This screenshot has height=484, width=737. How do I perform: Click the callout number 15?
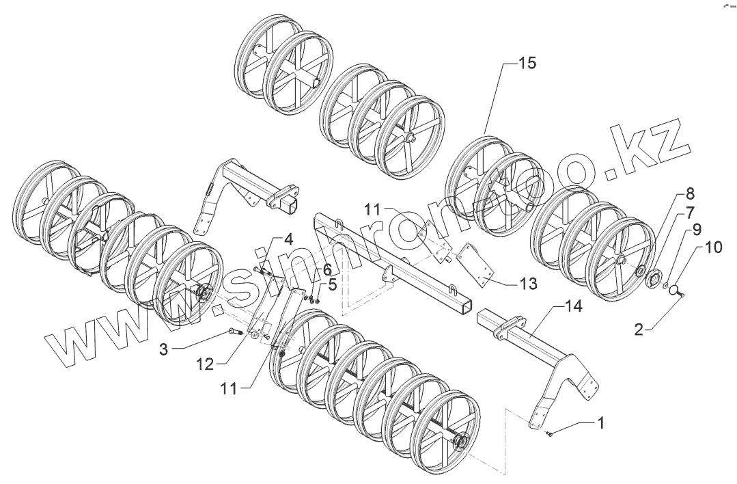(527, 64)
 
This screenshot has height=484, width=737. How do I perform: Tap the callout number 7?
(691, 211)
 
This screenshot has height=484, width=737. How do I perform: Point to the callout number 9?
(696, 228)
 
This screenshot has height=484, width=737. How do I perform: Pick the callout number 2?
(638, 330)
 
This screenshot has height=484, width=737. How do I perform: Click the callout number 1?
(601, 423)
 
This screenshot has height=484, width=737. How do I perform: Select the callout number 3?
(163, 349)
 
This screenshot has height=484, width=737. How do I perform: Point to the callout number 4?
(288, 240)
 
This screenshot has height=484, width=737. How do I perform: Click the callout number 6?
(326, 269)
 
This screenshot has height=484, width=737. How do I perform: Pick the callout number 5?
(332, 284)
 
